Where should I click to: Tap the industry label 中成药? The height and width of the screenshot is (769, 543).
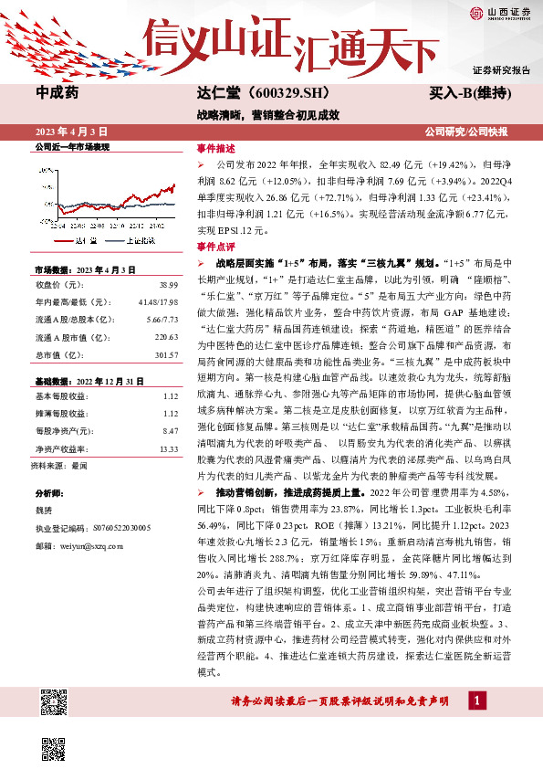pos(57,93)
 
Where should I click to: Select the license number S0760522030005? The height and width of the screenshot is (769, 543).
pos(113,528)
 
